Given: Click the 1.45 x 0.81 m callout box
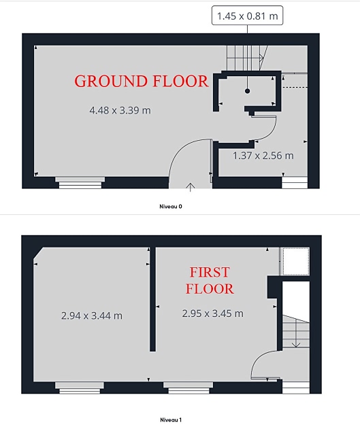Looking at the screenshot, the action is click(x=247, y=16).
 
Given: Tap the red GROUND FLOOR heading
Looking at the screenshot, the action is click(x=141, y=81).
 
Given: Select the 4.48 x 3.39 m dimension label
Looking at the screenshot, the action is click(x=120, y=110).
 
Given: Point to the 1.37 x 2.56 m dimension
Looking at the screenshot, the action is click(x=263, y=156).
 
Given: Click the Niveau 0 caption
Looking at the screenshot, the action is click(x=171, y=207).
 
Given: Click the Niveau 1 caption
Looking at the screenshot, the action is click(x=171, y=420).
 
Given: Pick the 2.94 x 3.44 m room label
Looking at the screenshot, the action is click(x=92, y=315).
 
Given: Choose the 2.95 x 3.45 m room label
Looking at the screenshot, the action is click(x=212, y=313).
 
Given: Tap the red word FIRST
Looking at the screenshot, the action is click(x=210, y=273).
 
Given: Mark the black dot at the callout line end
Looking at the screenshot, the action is click(x=247, y=91).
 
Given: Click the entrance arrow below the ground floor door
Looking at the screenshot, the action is click(x=191, y=188).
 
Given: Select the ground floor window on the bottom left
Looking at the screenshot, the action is click(x=80, y=182).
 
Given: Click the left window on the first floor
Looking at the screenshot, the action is click(x=80, y=388).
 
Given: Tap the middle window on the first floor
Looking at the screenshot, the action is click(x=189, y=388).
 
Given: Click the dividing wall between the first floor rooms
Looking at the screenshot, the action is click(x=152, y=299).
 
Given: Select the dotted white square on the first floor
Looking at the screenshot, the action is click(x=295, y=261).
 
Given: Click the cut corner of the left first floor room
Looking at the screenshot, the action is click(x=38, y=253).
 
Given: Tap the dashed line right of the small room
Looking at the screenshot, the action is click(x=295, y=88).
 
